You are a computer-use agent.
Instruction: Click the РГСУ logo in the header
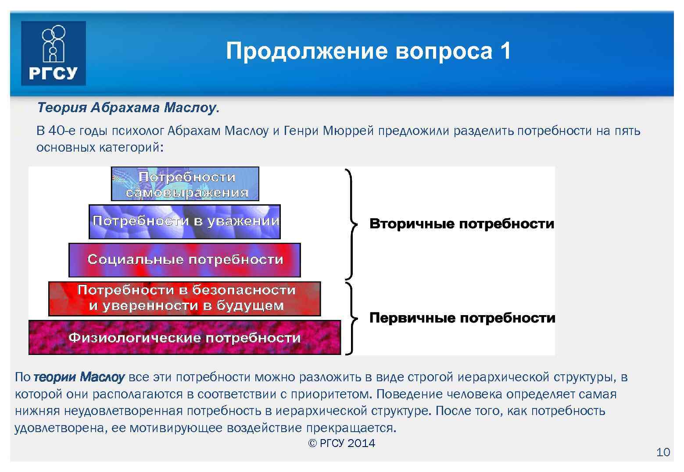(x=53, y=53)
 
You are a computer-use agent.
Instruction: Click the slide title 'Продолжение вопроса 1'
(x=368, y=51)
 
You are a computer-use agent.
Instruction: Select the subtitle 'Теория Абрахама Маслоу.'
(x=128, y=108)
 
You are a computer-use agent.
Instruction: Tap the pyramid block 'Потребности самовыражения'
(x=185, y=185)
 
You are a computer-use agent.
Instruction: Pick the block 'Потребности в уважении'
(x=185, y=221)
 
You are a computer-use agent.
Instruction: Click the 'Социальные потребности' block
(x=185, y=259)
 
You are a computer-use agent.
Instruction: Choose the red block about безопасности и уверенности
(x=185, y=298)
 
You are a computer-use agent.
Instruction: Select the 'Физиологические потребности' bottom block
(x=185, y=337)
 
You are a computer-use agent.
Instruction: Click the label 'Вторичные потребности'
(x=462, y=224)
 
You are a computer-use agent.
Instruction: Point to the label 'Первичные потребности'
(x=462, y=318)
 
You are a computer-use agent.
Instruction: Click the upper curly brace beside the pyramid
(x=350, y=224)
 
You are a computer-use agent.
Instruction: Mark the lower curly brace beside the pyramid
(x=350, y=318)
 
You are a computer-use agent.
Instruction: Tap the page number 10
(x=663, y=452)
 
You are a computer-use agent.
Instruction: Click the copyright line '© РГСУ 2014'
(x=342, y=443)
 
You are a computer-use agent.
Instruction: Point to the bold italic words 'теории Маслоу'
(x=79, y=377)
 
